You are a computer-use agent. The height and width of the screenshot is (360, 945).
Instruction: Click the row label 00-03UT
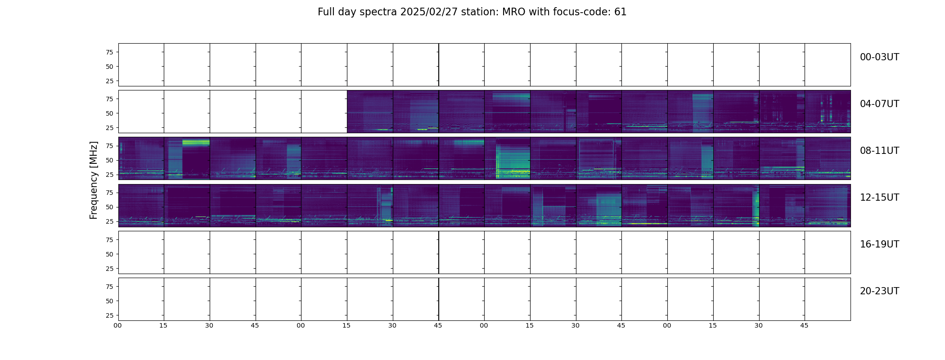pos(879,57)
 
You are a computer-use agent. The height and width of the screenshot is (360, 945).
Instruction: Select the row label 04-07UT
pos(879,104)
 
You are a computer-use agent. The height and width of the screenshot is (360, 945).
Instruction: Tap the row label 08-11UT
pos(879,151)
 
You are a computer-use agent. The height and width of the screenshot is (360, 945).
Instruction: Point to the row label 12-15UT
pos(879,198)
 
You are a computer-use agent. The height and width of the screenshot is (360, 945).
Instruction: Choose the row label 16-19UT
pos(879,244)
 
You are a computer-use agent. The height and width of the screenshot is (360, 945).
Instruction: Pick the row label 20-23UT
pos(879,291)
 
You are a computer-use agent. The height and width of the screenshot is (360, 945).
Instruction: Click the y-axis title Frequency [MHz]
pos(94,180)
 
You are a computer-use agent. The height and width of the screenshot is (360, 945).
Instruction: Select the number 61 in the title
pos(620,12)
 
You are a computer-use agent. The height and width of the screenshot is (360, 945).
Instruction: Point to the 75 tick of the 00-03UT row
pos(109,52)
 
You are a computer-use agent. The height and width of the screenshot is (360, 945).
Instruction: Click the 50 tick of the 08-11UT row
pos(109,160)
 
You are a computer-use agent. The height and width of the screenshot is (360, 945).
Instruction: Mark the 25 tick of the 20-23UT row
pos(109,315)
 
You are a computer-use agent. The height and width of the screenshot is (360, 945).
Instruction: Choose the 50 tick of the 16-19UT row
pos(109,254)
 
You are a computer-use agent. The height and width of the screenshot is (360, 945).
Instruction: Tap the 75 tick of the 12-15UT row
pos(109,193)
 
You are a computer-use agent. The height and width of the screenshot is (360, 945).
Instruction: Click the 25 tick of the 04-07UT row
pos(109,128)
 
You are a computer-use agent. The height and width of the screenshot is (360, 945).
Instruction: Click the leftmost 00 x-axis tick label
pos(118,325)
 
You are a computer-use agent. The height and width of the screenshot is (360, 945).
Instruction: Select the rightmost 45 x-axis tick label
pos(804,325)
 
